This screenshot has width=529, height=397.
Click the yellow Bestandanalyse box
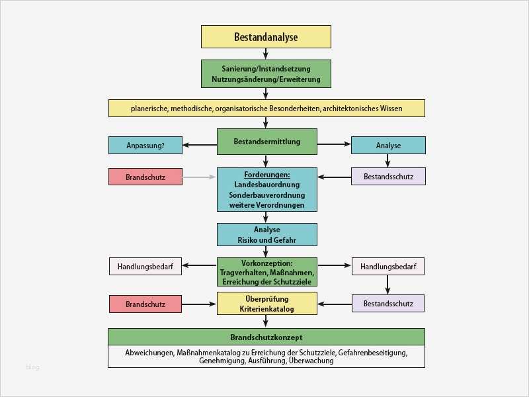tap(266, 37)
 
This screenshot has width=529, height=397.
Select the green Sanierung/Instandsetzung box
tap(266, 73)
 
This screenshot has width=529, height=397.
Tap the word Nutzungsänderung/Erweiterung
tap(266, 80)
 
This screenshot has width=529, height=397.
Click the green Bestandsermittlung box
tap(267, 142)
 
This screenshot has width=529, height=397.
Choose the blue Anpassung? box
tap(145, 145)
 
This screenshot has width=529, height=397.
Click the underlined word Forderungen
tap(266, 174)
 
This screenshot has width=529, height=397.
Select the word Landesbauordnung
tap(266, 185)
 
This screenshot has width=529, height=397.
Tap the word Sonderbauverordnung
tap(266, 195)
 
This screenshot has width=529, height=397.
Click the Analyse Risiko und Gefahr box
tap(266, 234)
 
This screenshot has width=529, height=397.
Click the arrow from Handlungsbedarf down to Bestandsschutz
tap(387, 285)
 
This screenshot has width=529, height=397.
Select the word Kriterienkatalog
tap(266, 309)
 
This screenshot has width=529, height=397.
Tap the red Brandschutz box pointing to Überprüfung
tap(145, 304)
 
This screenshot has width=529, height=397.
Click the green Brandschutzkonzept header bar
tap(266, 336)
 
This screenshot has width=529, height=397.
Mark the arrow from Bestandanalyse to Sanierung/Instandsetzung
tap(266, 54)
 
